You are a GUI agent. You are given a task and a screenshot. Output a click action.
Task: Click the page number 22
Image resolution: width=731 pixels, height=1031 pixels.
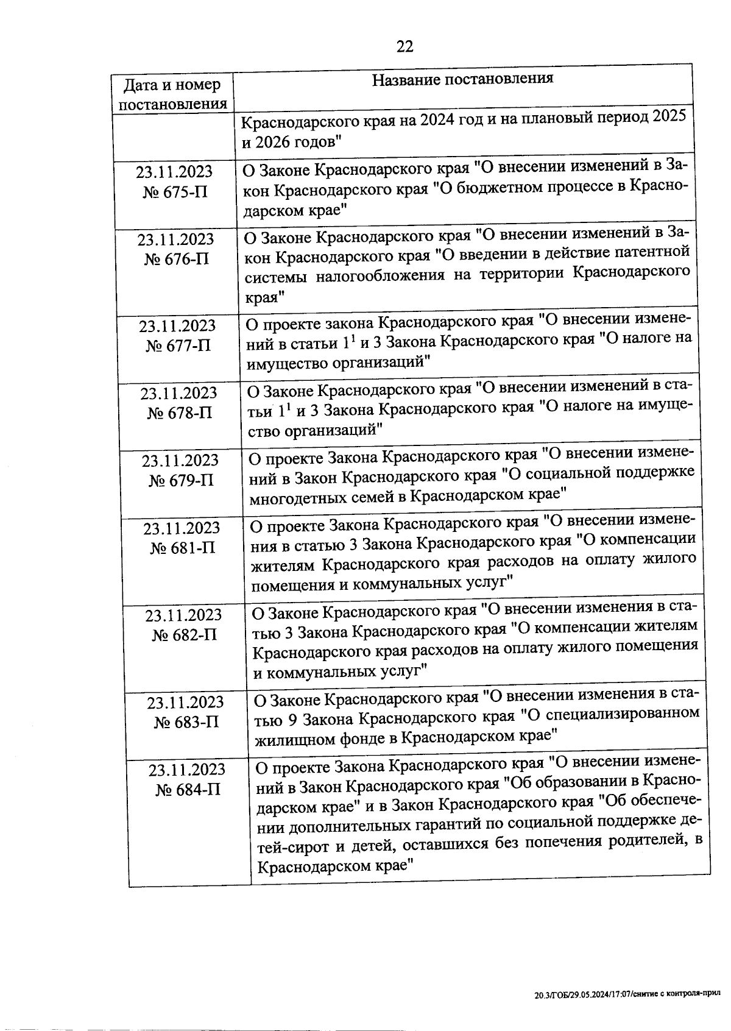pos(405,46)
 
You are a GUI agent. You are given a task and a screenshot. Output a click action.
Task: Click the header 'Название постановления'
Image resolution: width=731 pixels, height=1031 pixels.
pos(462,79)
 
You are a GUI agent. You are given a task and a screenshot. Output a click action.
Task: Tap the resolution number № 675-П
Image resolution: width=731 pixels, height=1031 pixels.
pos(175,193)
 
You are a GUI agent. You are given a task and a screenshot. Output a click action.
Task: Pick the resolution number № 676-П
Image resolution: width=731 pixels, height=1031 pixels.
pos(176,260)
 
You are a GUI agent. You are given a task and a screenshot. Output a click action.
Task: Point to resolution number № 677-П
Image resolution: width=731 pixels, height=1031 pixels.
pos(178,346)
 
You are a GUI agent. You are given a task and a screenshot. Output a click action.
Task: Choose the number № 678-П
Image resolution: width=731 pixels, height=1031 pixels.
pos(179,413)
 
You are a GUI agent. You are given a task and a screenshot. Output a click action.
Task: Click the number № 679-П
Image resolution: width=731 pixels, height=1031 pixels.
pos(181,481)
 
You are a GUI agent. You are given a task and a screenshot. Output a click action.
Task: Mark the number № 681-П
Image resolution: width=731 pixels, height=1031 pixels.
pos(182,548)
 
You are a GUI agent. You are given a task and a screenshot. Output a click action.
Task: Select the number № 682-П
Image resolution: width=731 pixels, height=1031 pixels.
pos(184,636)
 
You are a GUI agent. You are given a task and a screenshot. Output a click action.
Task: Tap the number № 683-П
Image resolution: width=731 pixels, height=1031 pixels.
pos(186,723)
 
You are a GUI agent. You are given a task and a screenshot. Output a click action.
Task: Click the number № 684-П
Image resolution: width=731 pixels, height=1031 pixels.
pos(188,790)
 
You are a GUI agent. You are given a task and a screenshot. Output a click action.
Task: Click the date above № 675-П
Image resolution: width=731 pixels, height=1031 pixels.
pos(174,172)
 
